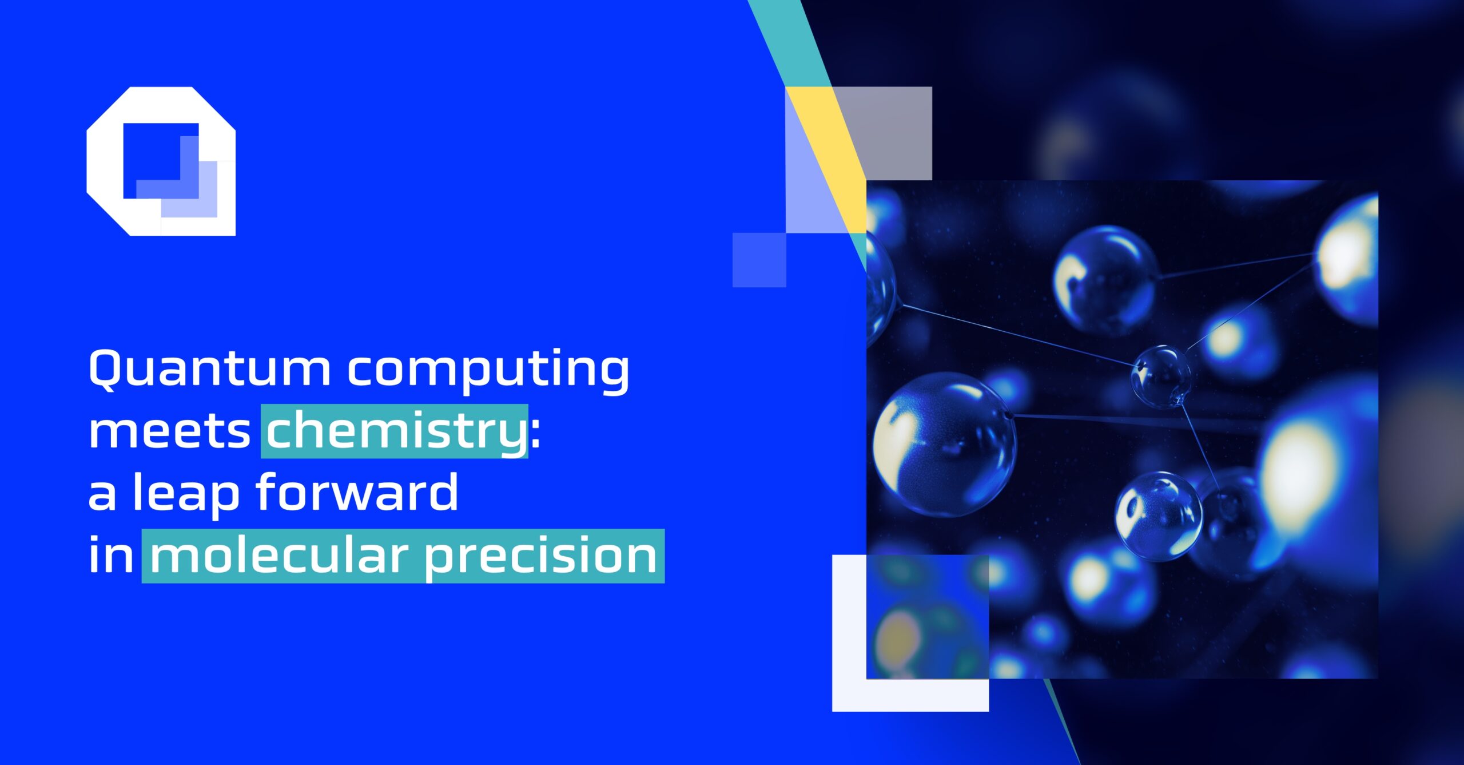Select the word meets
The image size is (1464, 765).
pyautogui.click(x=169, y=431)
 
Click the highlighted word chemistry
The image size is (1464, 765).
pyautogui.click(x=395, y=431)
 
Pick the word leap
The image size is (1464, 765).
pyautogui.click(x=186, y=493)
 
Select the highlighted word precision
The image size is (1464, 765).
pyautogui.click(x=540, y=556)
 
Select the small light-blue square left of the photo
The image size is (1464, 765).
pyautogui.click(x=759, y=260)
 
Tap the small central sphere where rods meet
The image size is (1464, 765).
pyautogui.click(x=1161, y=376)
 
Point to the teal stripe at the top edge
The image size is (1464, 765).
pyautogui.click(x=786, y=40)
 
